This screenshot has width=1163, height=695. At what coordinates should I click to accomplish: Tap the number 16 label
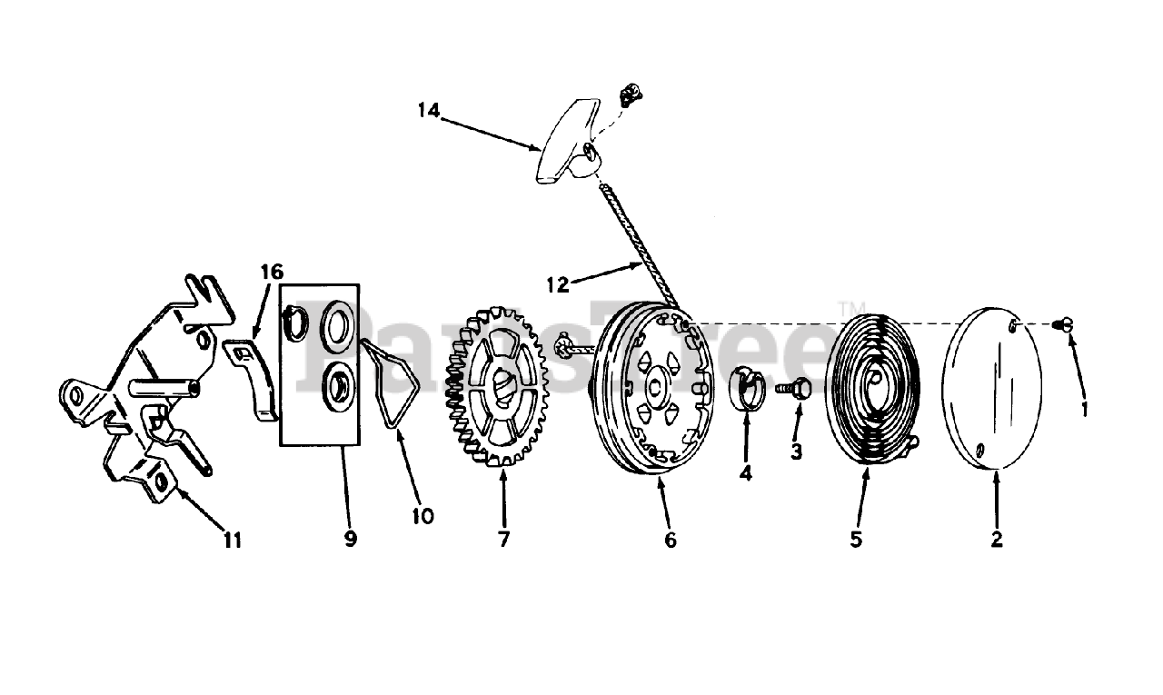tap(271, 272)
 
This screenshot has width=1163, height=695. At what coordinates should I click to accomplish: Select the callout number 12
tap(558, 284)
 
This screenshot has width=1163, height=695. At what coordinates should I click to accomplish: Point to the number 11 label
tap(233, 540)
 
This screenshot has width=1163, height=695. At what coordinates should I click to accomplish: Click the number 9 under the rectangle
tap(351, 539)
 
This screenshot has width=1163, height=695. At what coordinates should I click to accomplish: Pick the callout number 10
tap(422, 516)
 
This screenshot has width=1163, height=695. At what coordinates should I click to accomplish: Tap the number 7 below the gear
tap(503, 539)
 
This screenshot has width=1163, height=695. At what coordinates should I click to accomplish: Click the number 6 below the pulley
tap(671, 539)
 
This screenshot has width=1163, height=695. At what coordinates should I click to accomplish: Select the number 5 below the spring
tap(856, 539)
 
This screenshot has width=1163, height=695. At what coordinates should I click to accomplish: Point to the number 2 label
tap(997, 539)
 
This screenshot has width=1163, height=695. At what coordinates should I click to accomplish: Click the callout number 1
tap(1083, 409)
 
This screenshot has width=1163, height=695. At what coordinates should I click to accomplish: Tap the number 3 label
tap(796, 452)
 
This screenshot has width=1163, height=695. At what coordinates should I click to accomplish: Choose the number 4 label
tap(745, 473)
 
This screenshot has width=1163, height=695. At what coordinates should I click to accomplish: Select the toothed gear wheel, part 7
tap(495, 387)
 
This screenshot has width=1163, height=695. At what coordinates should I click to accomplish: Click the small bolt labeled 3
tap(791, 388)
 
